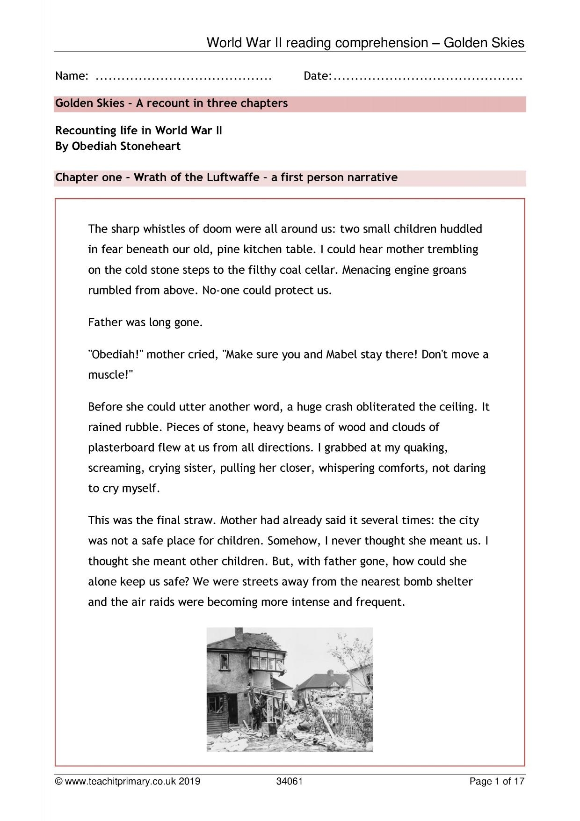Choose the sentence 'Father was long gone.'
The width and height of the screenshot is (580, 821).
[145, 323]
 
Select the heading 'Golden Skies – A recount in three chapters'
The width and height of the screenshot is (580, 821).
[171, 103]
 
